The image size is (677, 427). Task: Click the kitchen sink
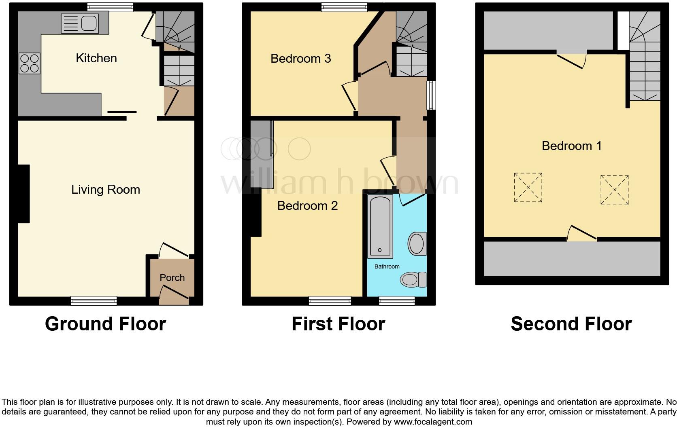(80, 23)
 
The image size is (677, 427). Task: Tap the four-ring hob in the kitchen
(30, 63)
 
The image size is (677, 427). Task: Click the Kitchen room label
(96, 58)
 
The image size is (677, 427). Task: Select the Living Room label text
(106, 190)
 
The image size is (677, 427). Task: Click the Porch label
(172, 278)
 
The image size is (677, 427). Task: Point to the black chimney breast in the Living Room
(24, 194)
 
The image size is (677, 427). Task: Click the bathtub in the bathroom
(380, 226)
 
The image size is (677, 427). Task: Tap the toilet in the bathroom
(413, 279)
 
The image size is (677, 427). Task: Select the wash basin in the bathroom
(417, 243)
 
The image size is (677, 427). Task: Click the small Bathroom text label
(387, 266)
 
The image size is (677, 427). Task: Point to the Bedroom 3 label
(300, 59)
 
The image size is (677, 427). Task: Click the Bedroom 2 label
(307, 206)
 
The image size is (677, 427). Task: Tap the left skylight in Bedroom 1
(528, 188)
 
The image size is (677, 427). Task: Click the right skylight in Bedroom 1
(614, 190)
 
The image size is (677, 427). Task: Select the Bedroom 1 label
(571, 146)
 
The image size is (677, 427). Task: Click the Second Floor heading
(571, 324)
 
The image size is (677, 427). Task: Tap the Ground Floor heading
(105, 324)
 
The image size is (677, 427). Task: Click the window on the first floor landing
(432, 95)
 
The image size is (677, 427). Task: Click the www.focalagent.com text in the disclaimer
(432, 422)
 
